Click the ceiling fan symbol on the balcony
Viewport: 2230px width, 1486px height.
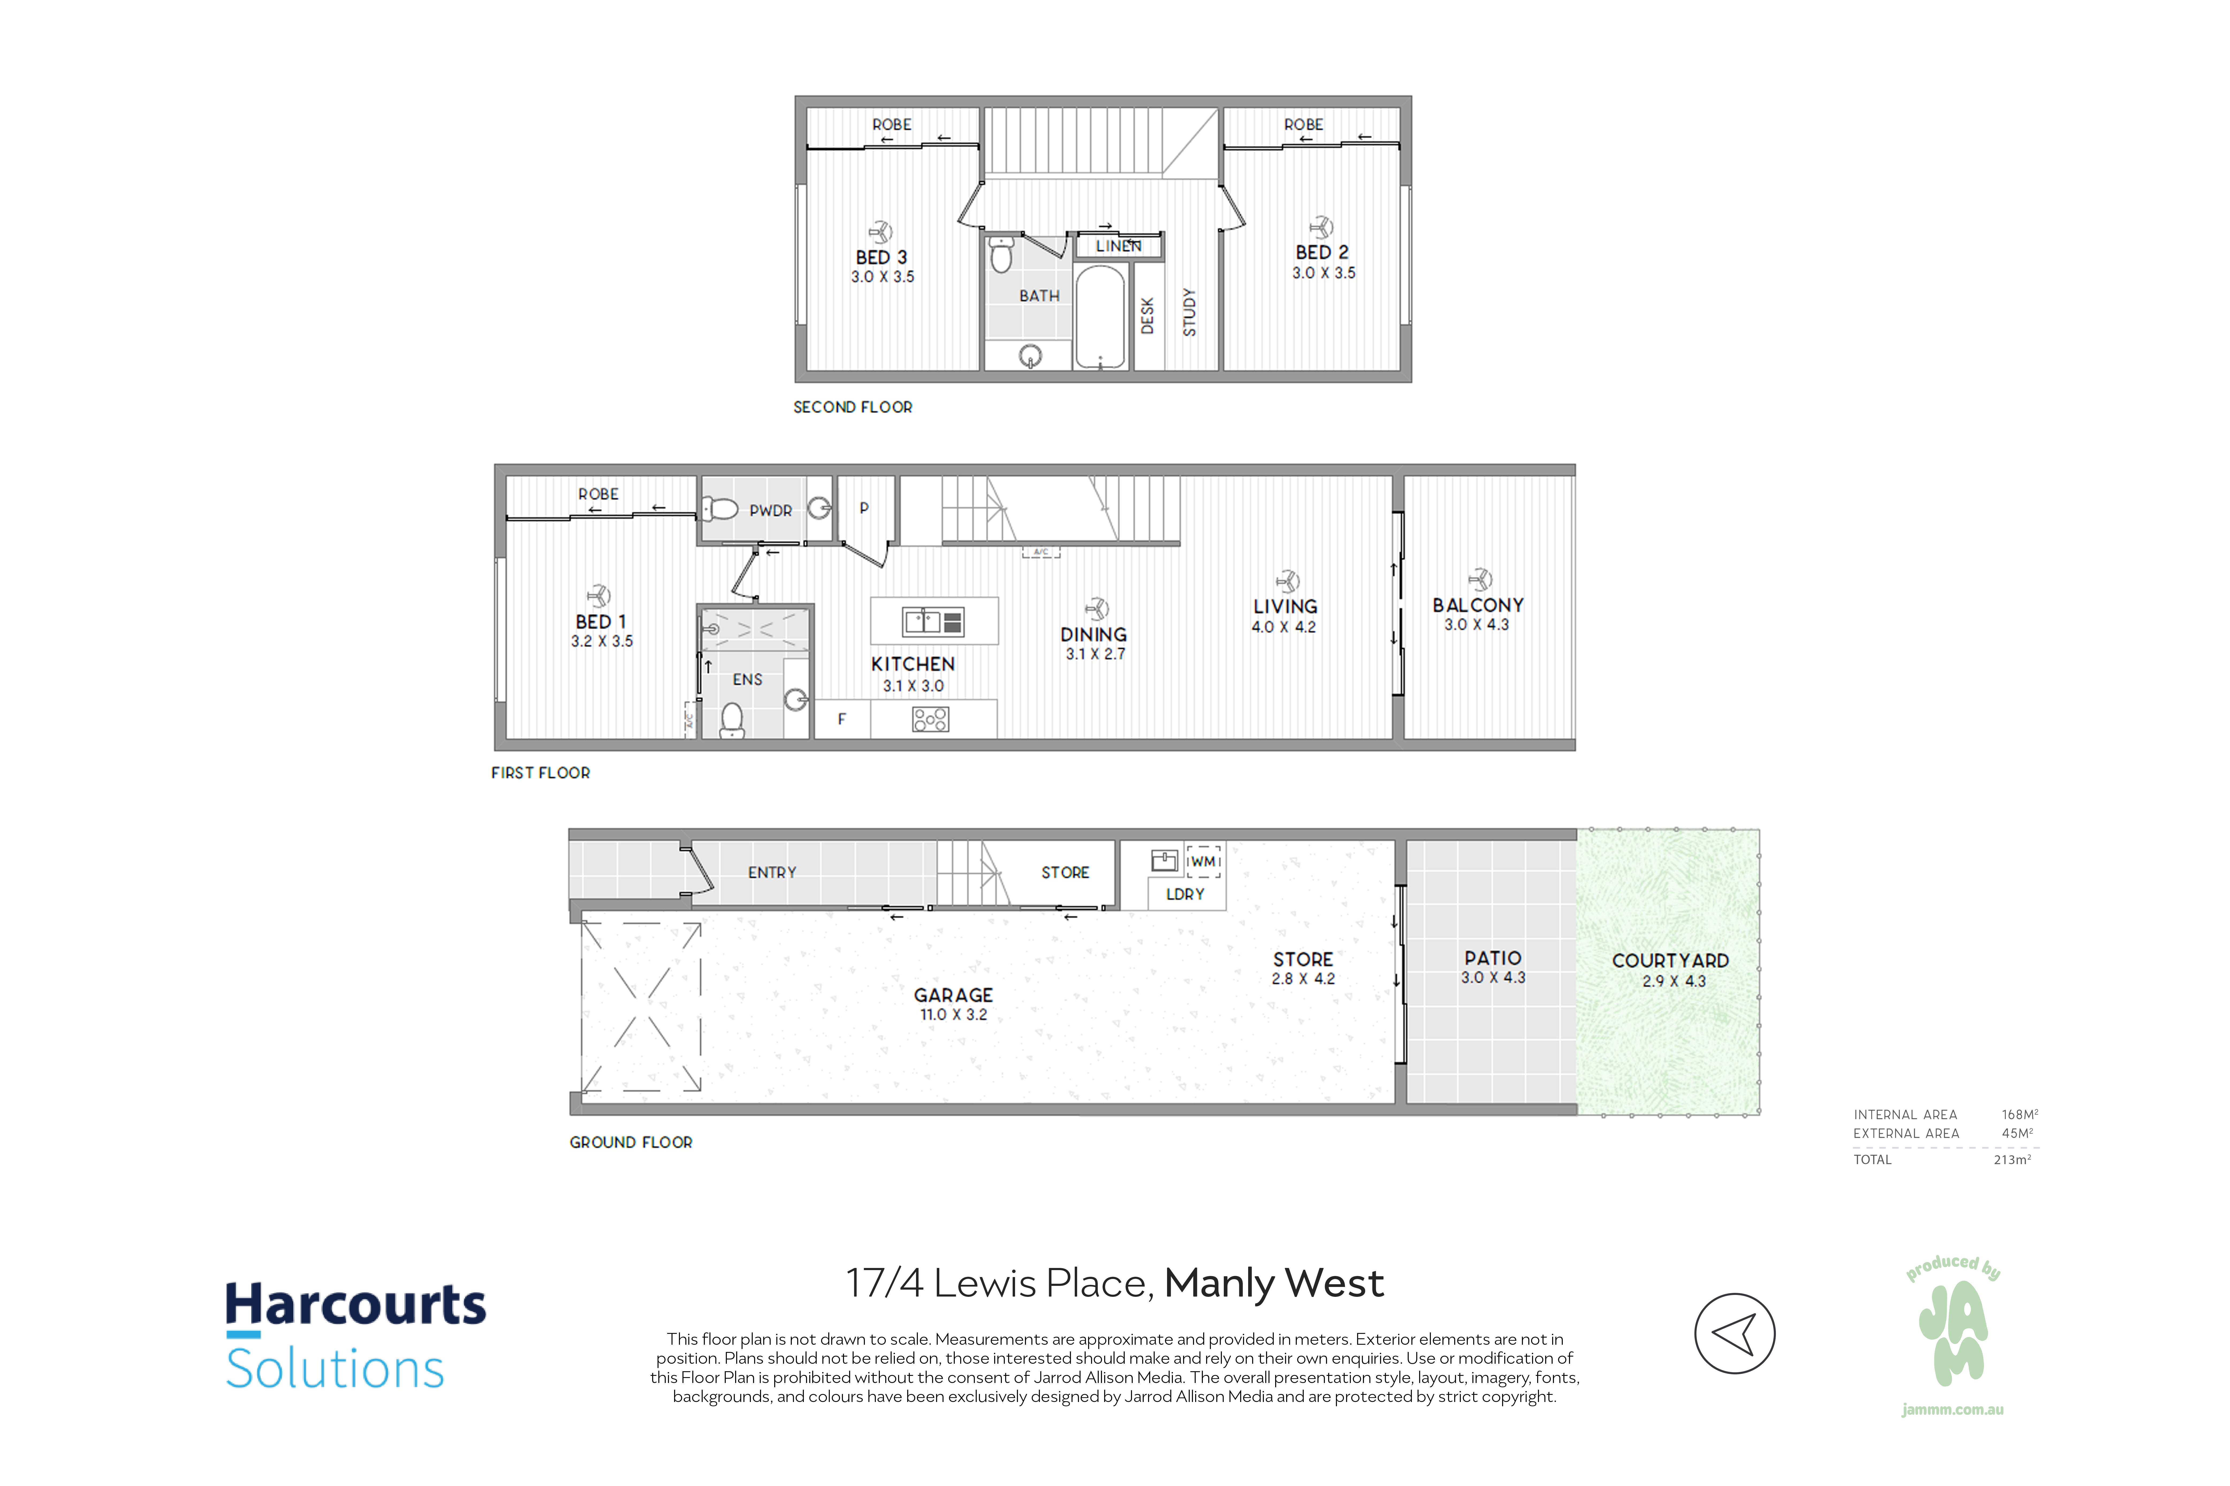(x=1479, y=579)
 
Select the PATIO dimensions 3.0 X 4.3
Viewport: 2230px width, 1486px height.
(x=1493, y=977)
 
